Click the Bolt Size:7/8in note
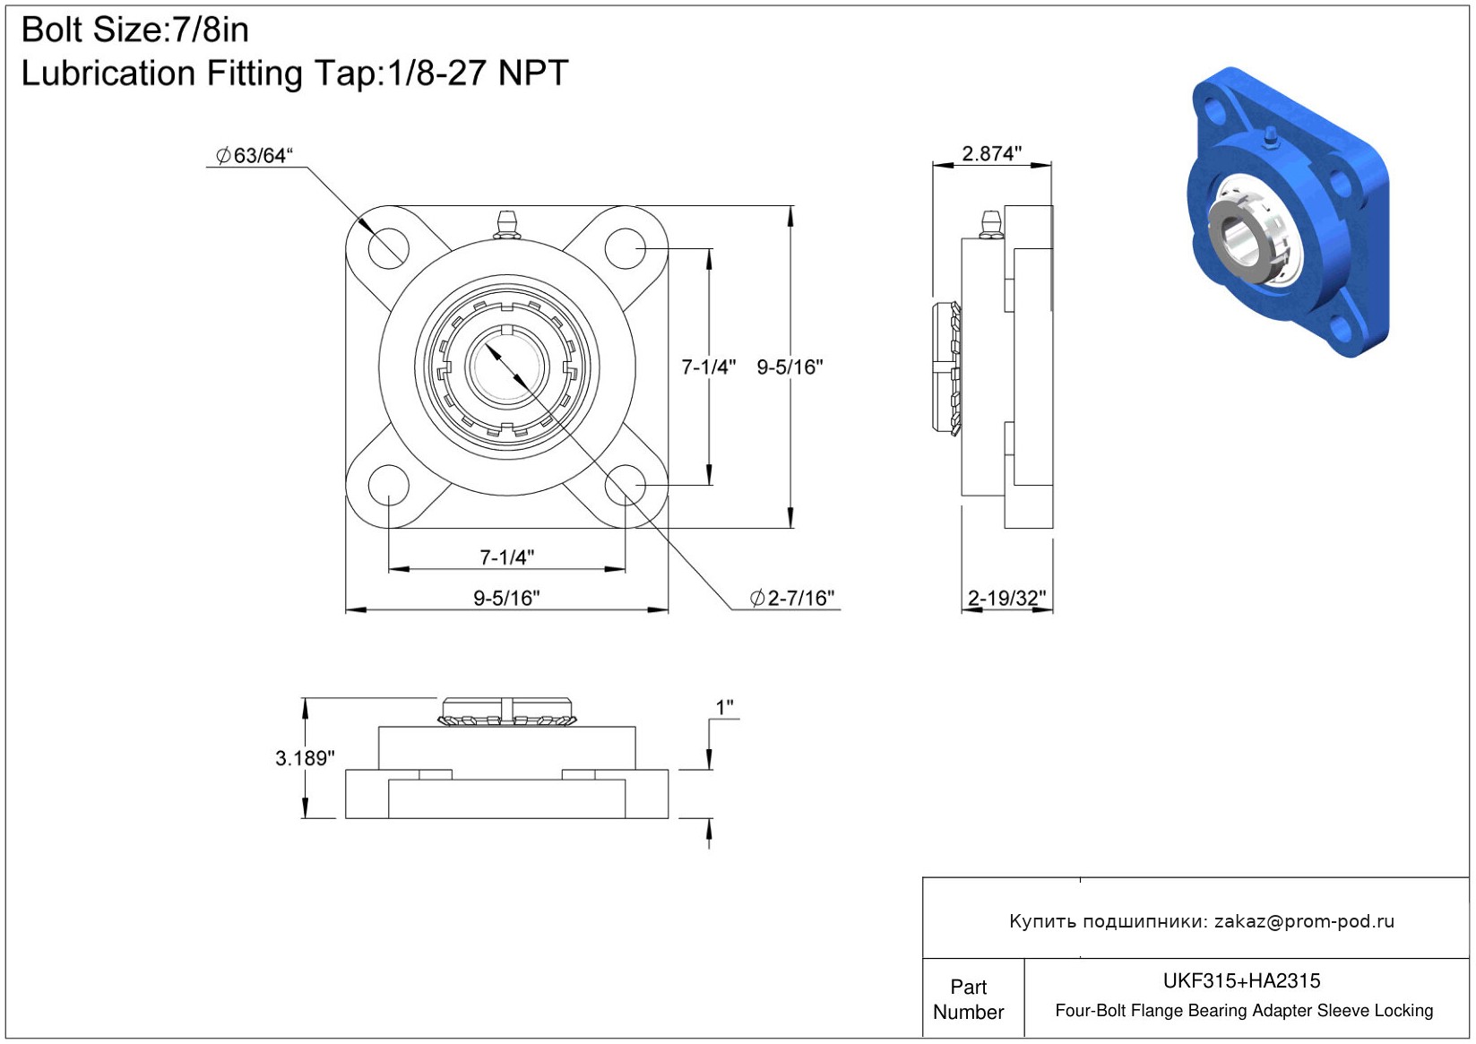coord(135,30)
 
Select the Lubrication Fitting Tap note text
coord(295,73)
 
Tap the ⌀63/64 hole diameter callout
coord(255,156)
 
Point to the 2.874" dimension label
coord(992,153)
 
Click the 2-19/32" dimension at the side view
coord(1006,598)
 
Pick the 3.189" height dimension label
coord(305,758)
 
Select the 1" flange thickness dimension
coord(725,707)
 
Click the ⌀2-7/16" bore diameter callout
coord(792,598)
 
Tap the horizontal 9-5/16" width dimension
coord(506,598)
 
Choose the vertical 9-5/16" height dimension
coord(790,367)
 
